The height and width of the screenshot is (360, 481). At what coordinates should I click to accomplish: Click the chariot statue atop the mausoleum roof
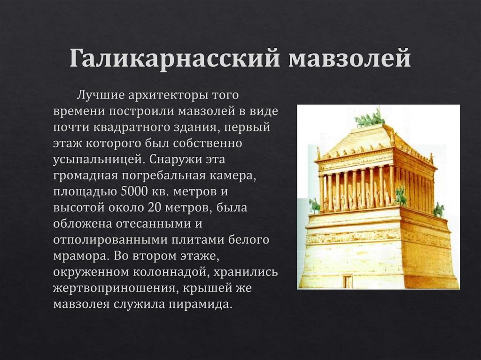click(x=370, y=118)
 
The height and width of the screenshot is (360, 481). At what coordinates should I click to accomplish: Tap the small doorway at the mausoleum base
click(x=348, y=282)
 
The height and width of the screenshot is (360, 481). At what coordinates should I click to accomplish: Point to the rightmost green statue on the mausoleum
click(x=438, y=209)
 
